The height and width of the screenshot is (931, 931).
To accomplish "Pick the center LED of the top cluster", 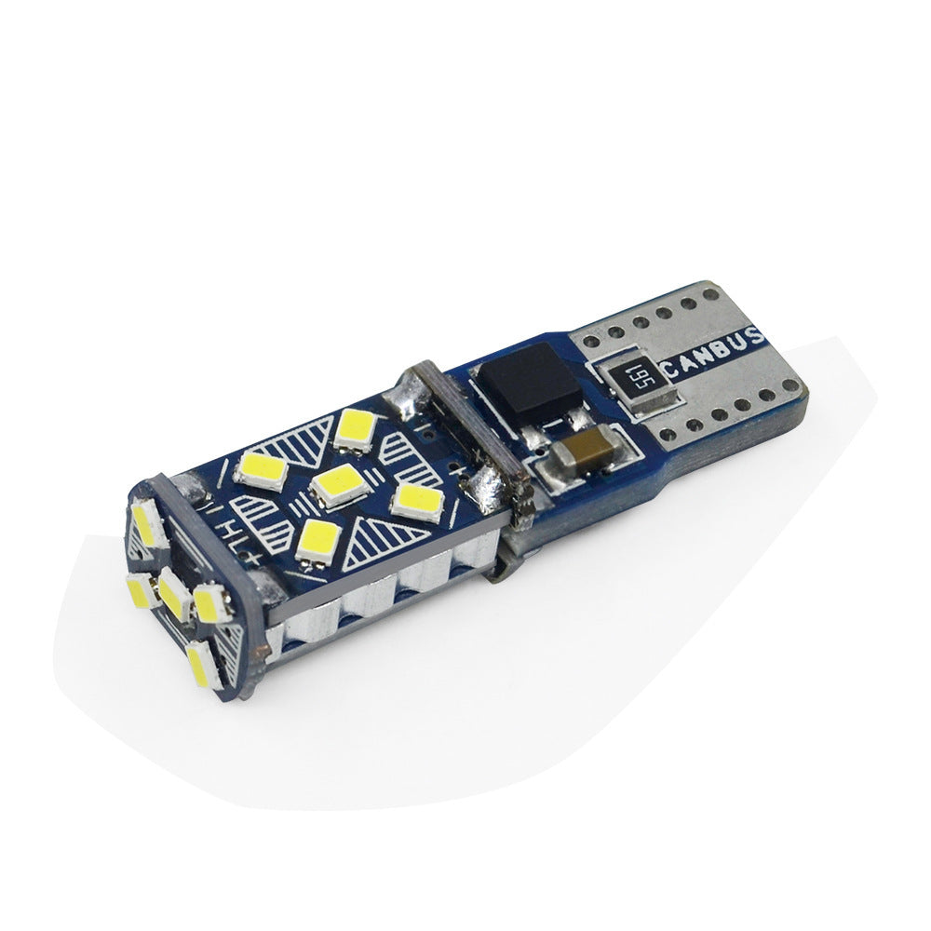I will pyautogui.click(x=334, y=483).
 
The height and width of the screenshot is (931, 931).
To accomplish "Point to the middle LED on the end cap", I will pyautogui.click(x=172, y=590).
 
